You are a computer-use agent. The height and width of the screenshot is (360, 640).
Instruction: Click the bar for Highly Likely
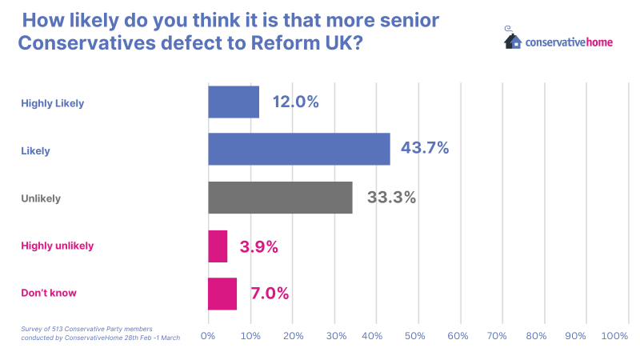(234, 102)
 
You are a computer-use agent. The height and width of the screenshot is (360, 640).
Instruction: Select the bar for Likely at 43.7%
(299, 149)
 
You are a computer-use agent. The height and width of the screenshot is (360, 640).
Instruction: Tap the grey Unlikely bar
(280, 198)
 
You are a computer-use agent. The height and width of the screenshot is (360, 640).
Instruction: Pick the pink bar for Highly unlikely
(218, 246)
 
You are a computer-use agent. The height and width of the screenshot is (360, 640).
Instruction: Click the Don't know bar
(222, 294)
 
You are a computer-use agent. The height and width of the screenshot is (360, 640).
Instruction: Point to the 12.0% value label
(295, 102)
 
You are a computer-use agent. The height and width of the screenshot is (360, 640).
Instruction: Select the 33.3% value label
(391, 198)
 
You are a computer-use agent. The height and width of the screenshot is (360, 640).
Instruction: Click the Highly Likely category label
(53, 103)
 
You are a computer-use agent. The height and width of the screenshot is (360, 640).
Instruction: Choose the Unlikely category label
(41, 198)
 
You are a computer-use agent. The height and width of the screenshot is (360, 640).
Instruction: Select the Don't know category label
(49, 293)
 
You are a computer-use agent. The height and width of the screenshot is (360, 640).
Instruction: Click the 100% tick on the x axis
(614, 337)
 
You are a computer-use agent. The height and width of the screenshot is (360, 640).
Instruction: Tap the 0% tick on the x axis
(208, 337)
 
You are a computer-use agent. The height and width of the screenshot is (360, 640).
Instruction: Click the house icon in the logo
(513, 39)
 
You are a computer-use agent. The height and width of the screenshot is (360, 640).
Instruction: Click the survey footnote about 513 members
(100, 333)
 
